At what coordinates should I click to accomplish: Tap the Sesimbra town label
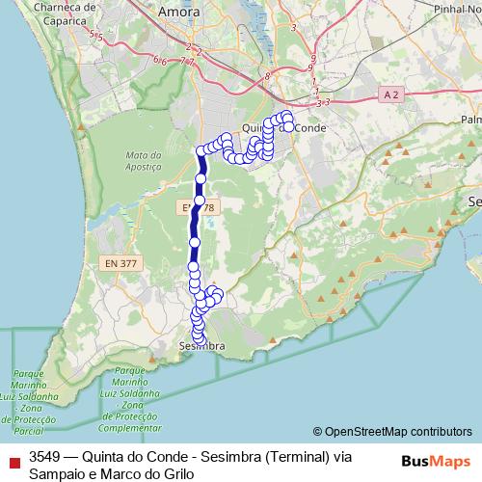pyautogui.click(x=202, y=345)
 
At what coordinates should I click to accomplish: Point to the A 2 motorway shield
pyautogui.click(x=388, y=94)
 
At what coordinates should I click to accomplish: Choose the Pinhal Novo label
pyautogui.click(x=458, y=8)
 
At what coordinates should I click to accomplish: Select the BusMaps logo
pyautogui.click(x=435, y=461)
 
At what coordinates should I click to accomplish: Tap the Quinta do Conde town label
pyautogui.click(x=285, y=127)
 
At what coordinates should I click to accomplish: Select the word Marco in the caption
pyautogui.click(x=120, y=473)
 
